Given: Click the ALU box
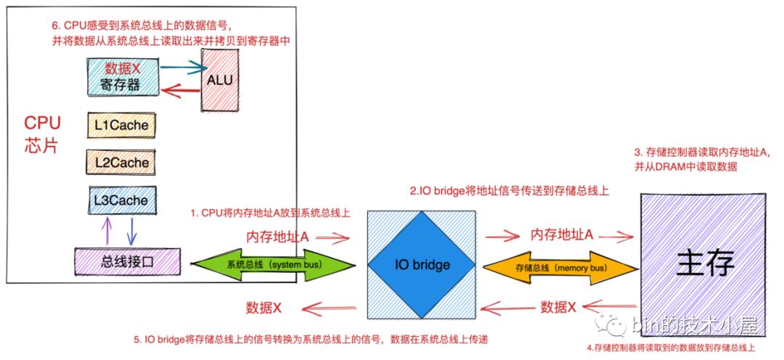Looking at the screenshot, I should point(220,80).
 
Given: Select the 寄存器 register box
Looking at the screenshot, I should point(124,77).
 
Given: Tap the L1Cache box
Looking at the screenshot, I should point(121,126).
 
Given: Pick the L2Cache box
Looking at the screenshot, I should point(121,163).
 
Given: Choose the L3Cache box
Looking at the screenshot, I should point(121,200).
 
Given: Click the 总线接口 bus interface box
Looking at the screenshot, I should point(128,261).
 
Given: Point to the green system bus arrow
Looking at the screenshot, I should point(273,264).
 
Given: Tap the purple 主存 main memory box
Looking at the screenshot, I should point(705,261).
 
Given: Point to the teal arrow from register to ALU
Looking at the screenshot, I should point(181,67).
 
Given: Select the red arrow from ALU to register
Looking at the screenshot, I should point(181,90).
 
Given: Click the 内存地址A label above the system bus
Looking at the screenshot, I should point(278,236).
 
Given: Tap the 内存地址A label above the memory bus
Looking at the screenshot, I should point(563,234).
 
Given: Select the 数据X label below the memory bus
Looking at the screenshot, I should point(559,307).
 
